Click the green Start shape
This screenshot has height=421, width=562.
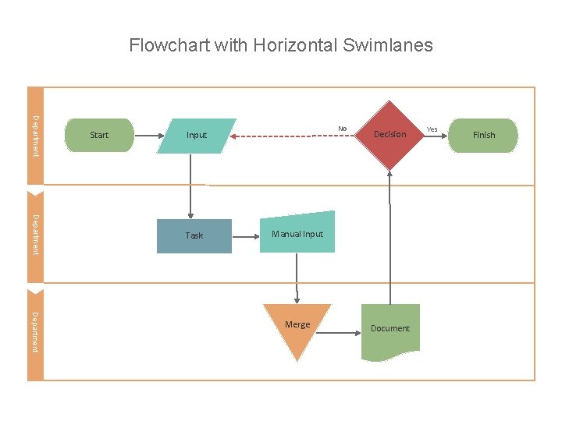99,135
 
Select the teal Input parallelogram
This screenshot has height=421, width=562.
197,135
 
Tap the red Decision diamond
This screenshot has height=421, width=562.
389,135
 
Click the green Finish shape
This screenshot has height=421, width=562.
484,135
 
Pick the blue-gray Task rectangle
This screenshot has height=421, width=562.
194,235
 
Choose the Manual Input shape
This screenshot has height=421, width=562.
297,233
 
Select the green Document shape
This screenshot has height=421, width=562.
390,330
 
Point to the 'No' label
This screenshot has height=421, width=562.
342,129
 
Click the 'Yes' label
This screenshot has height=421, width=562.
432,129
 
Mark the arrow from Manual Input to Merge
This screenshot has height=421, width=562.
297,278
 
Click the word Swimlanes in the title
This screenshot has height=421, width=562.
387,45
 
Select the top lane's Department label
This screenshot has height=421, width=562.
35,135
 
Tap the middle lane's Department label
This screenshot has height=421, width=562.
35,233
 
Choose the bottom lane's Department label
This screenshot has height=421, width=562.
35,331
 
